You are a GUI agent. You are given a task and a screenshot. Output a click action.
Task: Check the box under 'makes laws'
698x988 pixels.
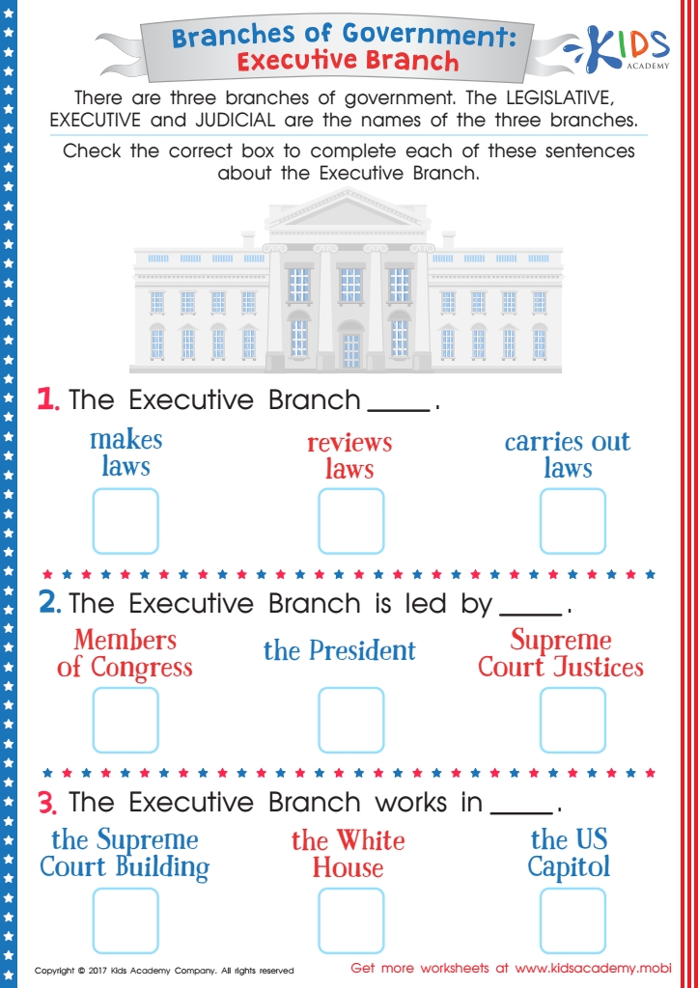point(126,521)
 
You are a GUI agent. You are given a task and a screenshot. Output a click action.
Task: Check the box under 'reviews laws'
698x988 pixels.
point(350,521)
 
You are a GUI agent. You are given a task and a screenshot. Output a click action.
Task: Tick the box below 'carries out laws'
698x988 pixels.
point(572,521)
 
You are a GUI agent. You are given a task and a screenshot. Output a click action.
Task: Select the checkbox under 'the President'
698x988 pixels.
point(350,720)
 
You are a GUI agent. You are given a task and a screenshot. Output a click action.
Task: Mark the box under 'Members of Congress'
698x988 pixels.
point(126,720)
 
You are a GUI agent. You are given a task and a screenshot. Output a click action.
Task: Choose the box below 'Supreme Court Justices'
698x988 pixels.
point(572,720)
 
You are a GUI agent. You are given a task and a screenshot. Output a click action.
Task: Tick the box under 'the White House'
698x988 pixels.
point(350,920)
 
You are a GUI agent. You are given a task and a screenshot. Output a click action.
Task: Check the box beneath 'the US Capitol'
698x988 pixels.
point(572,920)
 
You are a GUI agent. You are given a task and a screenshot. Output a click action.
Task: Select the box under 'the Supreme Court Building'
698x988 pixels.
point(126,920)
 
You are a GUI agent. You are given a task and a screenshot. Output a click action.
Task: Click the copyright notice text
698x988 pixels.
point(164,971)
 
